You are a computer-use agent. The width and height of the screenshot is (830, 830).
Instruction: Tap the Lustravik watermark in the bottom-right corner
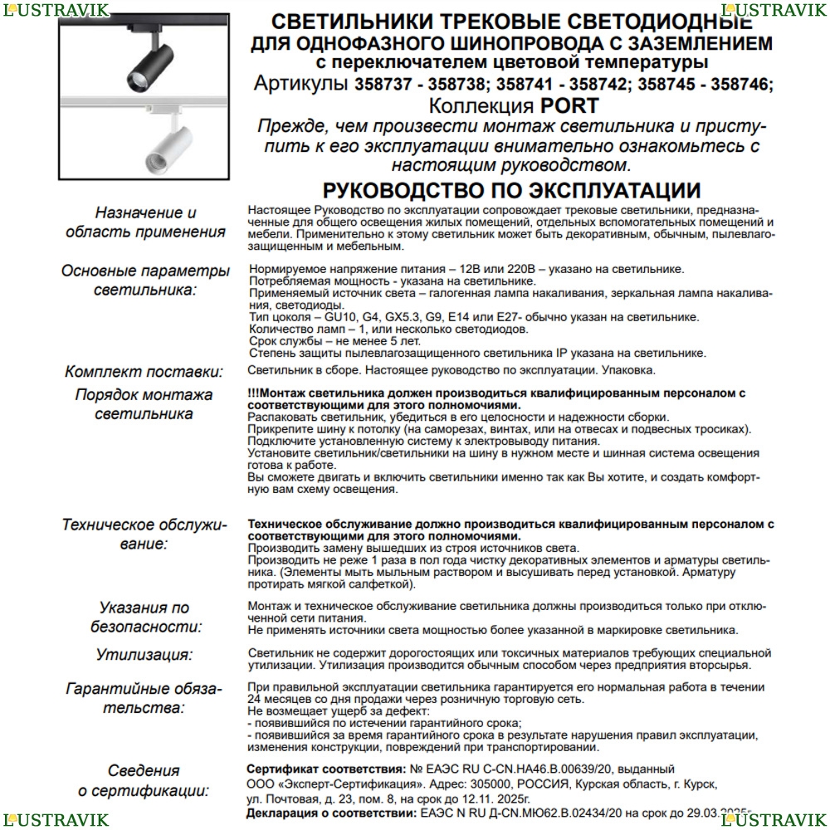(x=774, y=820)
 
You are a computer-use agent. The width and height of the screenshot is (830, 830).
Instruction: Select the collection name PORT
(x=569, y=105)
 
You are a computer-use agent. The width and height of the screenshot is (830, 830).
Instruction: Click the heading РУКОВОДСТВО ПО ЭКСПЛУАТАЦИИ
(x=511, y=191)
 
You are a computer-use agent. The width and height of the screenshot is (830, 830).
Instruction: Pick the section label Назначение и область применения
(x=144, y=222)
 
